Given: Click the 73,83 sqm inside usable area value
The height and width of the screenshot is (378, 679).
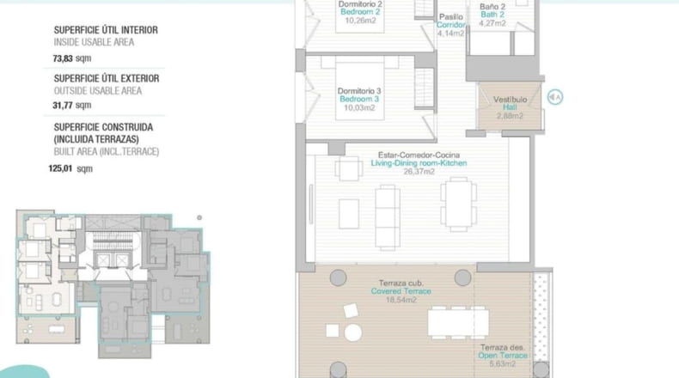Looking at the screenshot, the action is coord(72,58).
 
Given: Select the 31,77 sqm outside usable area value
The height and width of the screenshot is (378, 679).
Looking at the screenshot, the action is coord(72,105).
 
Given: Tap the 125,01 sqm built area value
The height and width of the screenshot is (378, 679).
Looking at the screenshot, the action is coord(70,168).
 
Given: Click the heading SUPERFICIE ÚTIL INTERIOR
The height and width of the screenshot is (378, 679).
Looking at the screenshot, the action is coord(106,30).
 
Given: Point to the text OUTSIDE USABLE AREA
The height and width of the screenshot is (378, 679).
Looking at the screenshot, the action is coord(98,91).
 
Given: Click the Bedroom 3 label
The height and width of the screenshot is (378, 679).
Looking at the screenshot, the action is coord(359,99).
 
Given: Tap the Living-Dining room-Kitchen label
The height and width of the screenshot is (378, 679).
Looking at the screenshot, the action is coord(419,163).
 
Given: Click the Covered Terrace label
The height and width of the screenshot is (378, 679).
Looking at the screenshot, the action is coord(401,291).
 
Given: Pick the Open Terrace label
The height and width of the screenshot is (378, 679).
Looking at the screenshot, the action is coord(503,356).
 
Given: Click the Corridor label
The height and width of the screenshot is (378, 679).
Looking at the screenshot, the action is coord(450,25).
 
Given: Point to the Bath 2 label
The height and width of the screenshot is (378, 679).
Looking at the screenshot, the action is coord(492,15).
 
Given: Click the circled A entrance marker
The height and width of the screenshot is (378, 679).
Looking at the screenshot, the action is coord(554,97).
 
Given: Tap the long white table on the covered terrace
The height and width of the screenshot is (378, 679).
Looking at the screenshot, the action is coord(458,322).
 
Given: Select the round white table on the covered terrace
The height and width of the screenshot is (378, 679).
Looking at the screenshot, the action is coord(353,332).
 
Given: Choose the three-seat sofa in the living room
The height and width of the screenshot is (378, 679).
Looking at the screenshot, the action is coord(388,218).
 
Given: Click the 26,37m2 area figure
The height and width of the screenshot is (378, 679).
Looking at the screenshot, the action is coord(419,172).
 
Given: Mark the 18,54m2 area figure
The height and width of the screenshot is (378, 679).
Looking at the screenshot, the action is coord(401,300).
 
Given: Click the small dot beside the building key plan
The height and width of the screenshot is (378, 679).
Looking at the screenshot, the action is coord(199,218).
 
